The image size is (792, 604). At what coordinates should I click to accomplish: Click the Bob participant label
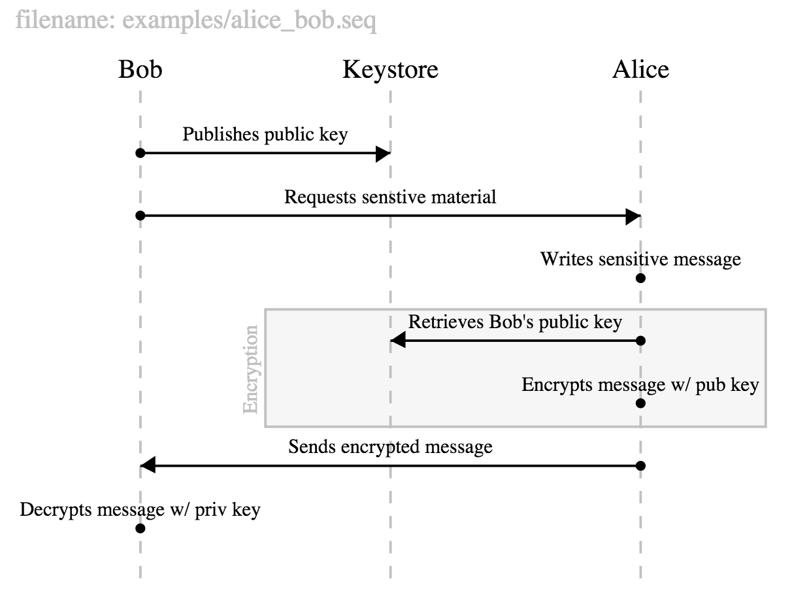(x=140, y=69)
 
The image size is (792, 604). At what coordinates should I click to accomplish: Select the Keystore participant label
(x=390, y=69)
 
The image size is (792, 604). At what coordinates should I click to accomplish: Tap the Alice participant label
(x=640, y=69)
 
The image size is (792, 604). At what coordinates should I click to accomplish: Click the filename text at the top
(x=195, y=22)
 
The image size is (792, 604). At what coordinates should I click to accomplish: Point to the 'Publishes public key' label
(x=265, y=135)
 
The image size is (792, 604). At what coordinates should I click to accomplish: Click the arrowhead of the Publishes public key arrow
(x=382, y=154)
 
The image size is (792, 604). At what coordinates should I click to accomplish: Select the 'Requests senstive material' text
(x=390, y=197)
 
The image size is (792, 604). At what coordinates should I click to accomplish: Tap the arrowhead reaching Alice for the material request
(x=633, y=216)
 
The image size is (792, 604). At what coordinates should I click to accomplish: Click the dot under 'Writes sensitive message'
(x=640, y=278)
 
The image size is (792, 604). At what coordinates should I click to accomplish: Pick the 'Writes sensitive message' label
(x=640, y=259)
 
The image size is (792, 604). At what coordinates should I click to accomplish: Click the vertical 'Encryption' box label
(x=251, y=369)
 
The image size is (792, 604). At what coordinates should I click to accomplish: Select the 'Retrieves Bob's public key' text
(x=515, y=322)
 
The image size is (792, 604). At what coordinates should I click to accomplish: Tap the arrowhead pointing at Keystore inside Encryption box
(x=398, y=341)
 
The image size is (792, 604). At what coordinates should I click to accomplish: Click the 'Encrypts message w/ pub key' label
(x=640, y=384)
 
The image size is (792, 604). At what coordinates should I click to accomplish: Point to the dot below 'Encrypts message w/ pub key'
(x=640, y=403)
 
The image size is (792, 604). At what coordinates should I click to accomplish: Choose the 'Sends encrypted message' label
(x=390, y=447)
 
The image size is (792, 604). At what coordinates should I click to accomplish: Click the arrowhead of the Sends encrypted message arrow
(x=148, y=466)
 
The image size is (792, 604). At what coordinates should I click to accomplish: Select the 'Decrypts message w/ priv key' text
(x=140, y=509)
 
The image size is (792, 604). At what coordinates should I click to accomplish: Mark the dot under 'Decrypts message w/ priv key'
(x=140, y=528)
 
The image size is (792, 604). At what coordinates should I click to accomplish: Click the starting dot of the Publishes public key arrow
(x=140, y=154)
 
